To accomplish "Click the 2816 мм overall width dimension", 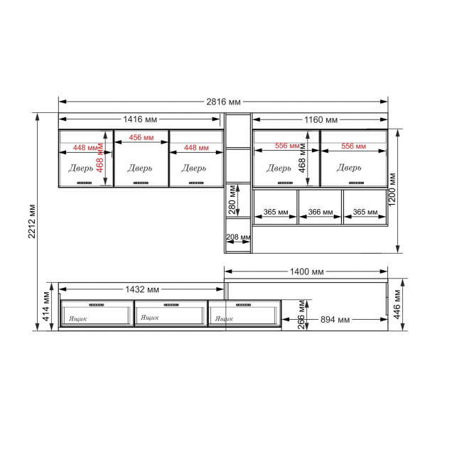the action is click(x=223, y=102).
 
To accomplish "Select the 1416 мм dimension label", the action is click(x=140, y=119).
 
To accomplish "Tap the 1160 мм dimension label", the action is click(x=321, y=120).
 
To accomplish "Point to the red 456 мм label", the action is click(x=141, y=137).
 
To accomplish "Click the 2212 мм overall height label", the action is click(x=32, y=221).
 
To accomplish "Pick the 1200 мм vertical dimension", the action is click(x=392, y=190).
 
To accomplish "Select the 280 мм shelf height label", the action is click(x=232, y=200).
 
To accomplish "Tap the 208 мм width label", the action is click(x=238, y=237).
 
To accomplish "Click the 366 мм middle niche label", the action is click(x=321, y=212).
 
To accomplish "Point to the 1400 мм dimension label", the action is click(x=307, y=272).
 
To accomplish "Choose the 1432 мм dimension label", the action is click(x=142, y=289).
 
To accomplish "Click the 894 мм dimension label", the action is click(x=335, y=320).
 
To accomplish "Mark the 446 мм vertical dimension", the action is click(x=397, y=304).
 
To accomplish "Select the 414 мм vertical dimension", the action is click(x=46, y=306).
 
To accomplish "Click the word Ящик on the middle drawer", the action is click(x=150, y=317).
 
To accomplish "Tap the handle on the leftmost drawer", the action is click(x=97, y=305).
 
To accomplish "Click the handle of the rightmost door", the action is click(x=357, y=183).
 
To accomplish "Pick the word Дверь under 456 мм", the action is click(x=140, y=168).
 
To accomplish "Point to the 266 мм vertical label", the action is click(x=301, y=314).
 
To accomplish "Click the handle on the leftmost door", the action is click(x=85, y=183).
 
